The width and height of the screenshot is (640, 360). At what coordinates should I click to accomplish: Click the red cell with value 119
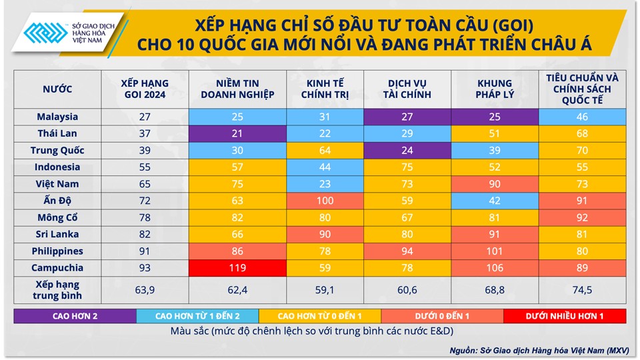237,268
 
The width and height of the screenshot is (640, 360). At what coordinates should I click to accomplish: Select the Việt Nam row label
57,184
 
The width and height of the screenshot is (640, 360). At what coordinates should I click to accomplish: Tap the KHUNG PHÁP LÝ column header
495,89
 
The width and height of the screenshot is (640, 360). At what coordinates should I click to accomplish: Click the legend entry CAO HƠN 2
75,315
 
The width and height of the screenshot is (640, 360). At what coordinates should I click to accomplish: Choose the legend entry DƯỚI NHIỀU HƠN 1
565,315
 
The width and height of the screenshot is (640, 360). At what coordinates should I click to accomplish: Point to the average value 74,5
583,290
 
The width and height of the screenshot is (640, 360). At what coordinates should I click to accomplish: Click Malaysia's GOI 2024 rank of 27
145,117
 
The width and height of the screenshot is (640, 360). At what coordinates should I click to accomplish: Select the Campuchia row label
57,268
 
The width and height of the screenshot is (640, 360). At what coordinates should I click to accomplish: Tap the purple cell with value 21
237,133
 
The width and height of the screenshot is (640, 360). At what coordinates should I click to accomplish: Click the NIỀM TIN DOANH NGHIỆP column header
237,89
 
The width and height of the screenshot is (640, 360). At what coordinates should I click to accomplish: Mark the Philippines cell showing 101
495,251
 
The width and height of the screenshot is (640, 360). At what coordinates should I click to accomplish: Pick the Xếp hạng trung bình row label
57,290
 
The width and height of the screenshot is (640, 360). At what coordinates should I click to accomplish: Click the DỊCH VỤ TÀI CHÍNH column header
409,89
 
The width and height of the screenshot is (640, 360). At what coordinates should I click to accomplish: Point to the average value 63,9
145,290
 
